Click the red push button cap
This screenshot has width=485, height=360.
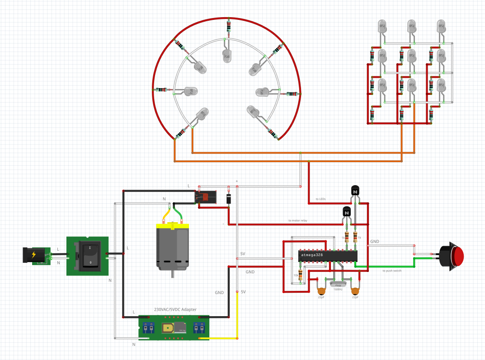[x=458, y=257]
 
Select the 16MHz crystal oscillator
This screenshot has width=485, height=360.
[x=337, y=285]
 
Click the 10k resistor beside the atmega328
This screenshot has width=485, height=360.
[x=301, y=274]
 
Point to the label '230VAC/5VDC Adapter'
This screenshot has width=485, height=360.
[x=175, y=309]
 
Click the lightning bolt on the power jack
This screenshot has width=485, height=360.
[x=34, y=255]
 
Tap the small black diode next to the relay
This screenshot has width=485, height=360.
[x=229, y=198]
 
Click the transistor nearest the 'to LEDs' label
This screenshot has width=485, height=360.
[x=355, y=191]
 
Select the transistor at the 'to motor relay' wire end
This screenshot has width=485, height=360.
[x=346, y=211]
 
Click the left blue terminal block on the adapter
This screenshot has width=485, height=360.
[x=147, y=327]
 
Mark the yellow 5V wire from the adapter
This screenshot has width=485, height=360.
[x=237, y=316]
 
